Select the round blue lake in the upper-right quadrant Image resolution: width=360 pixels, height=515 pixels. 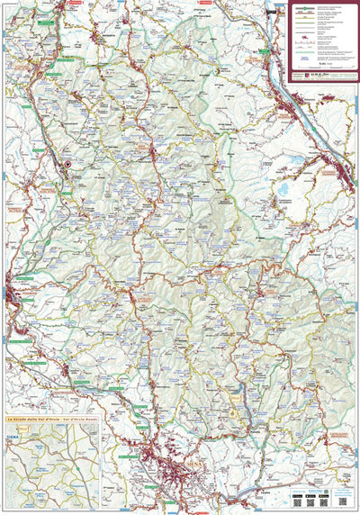coord(286,190)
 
